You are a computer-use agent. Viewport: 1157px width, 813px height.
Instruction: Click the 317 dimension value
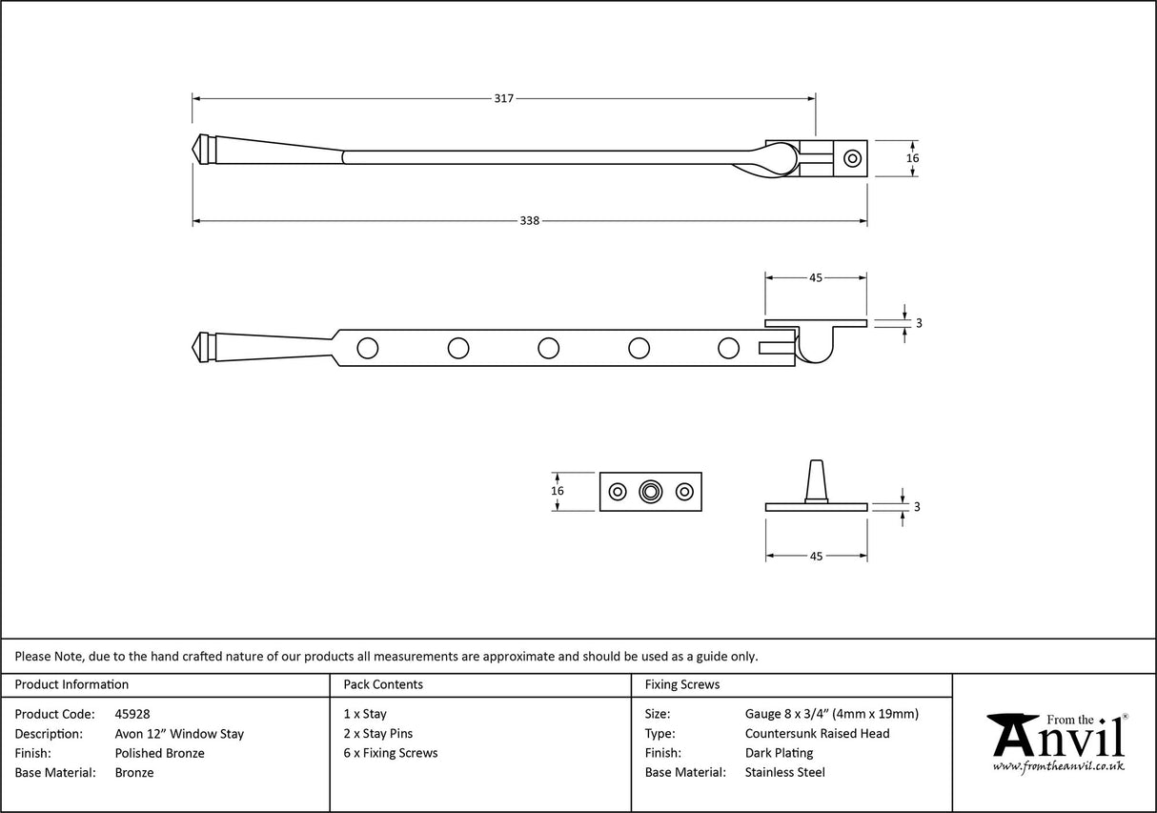point(504,98)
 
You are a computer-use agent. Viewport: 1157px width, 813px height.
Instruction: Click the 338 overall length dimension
point(530,221)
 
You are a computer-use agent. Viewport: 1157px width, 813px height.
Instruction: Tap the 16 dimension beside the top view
point(912,158)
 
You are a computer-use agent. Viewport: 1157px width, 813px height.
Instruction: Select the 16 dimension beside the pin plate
point(558,491)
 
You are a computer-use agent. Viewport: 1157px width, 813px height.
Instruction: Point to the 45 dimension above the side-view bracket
point(816,278)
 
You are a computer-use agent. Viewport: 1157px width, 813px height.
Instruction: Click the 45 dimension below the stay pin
point(816,556)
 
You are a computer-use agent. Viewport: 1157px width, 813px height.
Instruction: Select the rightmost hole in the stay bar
point(728,348)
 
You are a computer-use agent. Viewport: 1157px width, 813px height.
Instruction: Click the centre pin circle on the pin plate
point(651,492)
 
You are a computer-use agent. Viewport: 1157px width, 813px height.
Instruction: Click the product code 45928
point(132,714)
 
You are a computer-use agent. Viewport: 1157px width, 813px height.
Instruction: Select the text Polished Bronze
point(159,753)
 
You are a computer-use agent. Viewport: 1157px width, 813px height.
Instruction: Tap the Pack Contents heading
point(383,684)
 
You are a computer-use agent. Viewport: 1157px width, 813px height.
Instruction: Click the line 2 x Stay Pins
point(378,734)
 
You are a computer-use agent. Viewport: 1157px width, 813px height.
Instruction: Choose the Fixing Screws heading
point(682,684)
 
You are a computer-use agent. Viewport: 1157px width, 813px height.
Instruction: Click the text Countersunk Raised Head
point(817,734)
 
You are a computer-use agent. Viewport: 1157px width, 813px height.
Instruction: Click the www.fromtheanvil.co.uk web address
point(1058,766)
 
